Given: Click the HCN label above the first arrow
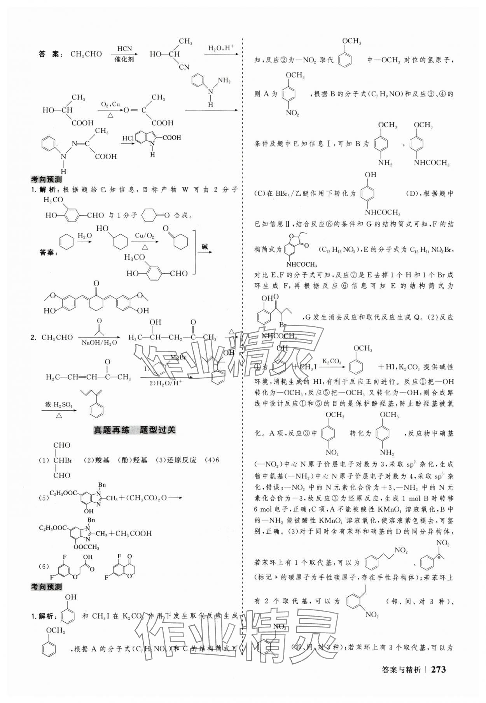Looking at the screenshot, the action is pyautogui.click(x=124, y=49).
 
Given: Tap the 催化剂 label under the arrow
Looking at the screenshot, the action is pyautogui.click(x=124, y=60).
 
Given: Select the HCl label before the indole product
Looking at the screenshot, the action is pyautogui.click(x=128, y=139).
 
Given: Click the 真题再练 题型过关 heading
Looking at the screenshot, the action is pyautogui.click(x=135, y=430).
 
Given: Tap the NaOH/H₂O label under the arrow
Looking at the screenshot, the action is pyautogui.click(x=99, y=343).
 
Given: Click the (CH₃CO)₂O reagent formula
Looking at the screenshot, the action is pyautogui.click(x=147, y=498).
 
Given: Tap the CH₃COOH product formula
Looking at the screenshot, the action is pyautogui.click(x=133, y=533).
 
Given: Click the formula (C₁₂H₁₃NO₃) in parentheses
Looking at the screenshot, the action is pyautogui.click(x=337, y=250).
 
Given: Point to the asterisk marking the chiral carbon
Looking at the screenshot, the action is pyautogui.click(x=438, y=558).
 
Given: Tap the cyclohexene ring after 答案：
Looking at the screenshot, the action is pyautogui.click(x=65, y=243).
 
